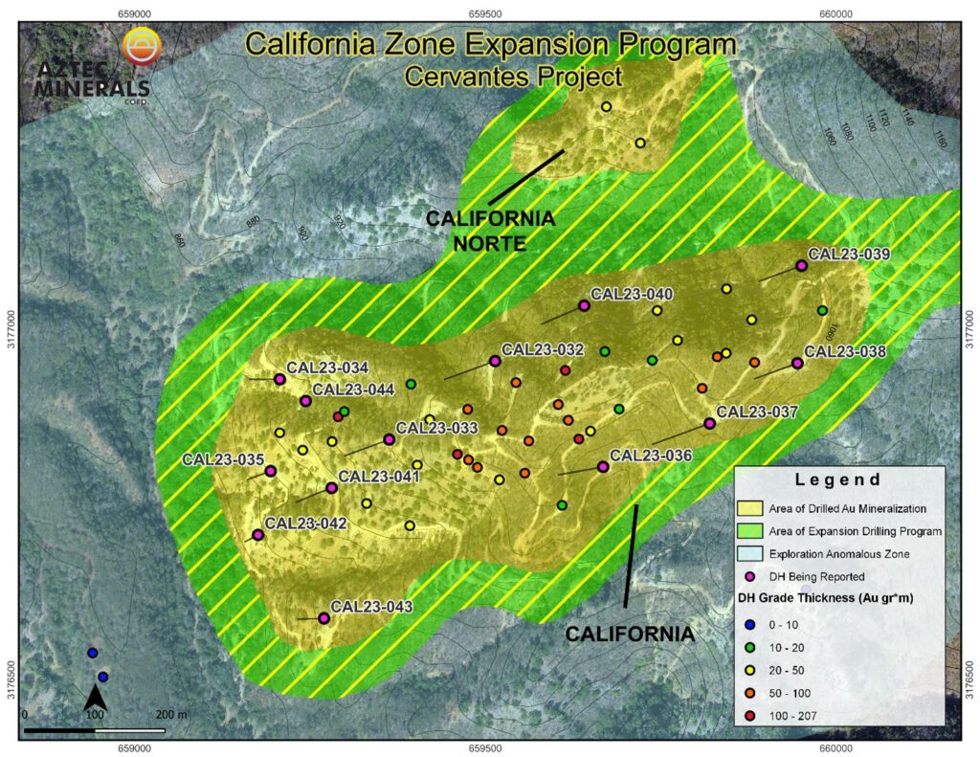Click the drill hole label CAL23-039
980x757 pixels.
click(849, 255)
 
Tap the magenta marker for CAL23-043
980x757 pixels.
click(323, 618)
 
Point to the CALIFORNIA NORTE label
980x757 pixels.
click(490, 231)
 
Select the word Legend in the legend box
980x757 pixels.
click(838, 479)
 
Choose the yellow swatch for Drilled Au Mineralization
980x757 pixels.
click(752, 508)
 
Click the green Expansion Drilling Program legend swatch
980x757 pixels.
click(752, 530)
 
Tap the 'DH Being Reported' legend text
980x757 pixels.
click(816, 576)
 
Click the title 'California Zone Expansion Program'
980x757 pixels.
click(490, 44)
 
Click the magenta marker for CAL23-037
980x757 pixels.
click(709, 424)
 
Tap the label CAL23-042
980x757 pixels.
click(305, 523)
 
